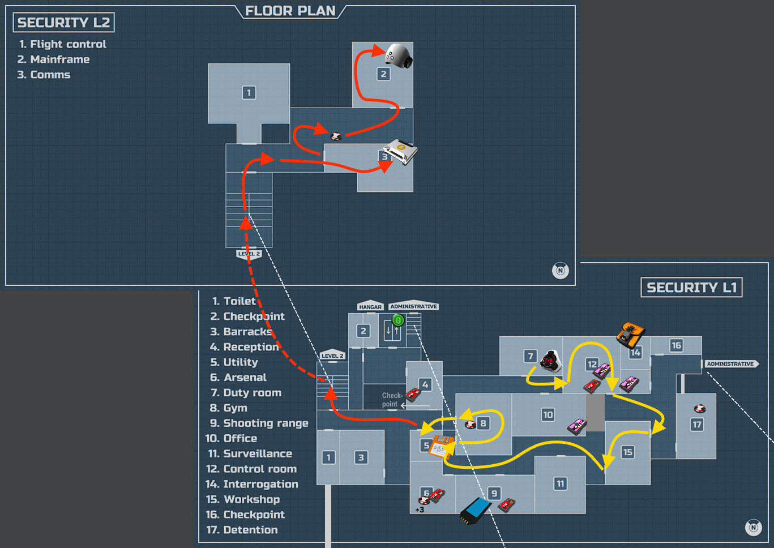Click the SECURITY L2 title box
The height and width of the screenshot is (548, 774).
(63, 23)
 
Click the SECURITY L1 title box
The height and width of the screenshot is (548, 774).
(691, 288)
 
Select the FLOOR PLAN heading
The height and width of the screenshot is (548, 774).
(290, 11)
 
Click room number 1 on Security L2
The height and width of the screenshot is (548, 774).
(249, 92)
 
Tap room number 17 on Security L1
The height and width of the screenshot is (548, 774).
(697, 425)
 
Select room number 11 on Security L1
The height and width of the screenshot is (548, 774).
(560, 483)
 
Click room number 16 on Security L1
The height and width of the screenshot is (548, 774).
(676, 345)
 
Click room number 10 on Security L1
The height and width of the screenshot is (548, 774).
(548, 415)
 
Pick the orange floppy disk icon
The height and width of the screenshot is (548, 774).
(442, 447)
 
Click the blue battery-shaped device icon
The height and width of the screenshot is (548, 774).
(475, 511)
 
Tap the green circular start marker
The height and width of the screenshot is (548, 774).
(398, 320)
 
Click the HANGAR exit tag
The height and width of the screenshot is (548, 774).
(370, 306)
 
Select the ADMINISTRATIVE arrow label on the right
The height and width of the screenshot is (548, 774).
(731, 364)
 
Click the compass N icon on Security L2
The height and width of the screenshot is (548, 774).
(560, 271)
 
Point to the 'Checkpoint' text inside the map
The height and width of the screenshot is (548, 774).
(391, 400)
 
